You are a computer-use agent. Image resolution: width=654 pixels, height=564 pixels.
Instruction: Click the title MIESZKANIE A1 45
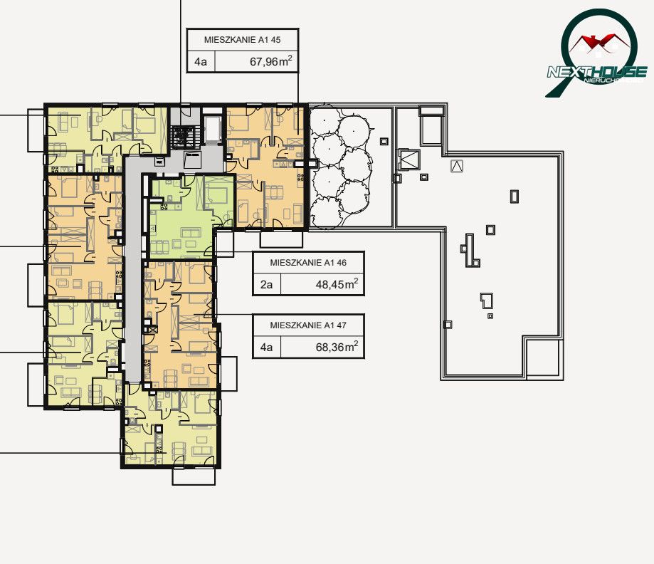tap(243, 40)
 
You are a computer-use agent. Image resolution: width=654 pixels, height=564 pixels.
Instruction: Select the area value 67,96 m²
tap(270, 61)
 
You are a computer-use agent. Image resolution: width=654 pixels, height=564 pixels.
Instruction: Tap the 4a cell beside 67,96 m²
tap(201, 62)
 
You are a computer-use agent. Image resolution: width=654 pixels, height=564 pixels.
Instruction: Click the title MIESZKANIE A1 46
tap(308, 263)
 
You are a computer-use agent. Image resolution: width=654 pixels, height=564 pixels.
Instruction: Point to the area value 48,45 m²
tap(337, 284)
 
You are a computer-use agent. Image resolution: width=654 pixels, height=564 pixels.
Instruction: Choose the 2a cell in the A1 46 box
tap(267, 285)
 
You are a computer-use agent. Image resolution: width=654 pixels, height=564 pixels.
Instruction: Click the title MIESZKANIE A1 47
tap(308, 325)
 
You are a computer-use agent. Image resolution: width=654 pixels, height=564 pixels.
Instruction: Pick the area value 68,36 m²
tap(337, 347)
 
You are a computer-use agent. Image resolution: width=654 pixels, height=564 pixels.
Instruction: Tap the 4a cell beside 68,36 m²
tap(267, 347)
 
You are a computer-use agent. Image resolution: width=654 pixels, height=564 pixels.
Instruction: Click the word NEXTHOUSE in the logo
tap(597, 72)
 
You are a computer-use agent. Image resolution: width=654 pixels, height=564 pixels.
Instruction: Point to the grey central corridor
tap(133, 267)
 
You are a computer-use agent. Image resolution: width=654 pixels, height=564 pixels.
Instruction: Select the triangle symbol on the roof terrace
tap(457, 166)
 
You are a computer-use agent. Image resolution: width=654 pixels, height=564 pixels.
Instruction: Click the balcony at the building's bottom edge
tap(194, 476)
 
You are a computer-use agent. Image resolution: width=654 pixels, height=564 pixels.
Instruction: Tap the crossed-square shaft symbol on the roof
tap(407, 159)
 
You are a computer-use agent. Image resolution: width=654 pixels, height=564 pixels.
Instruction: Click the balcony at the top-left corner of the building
tap(36, 130)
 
